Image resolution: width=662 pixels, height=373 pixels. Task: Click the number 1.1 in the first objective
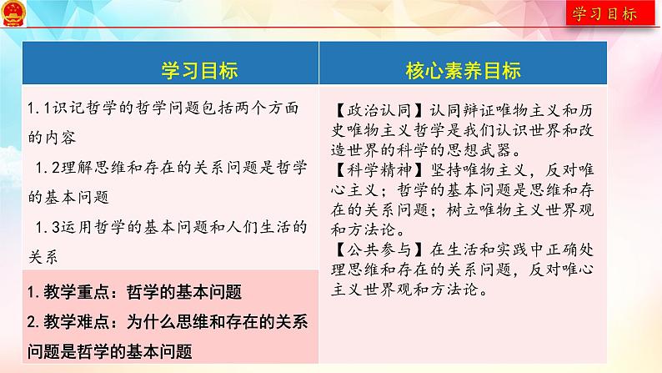click(40, 108)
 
